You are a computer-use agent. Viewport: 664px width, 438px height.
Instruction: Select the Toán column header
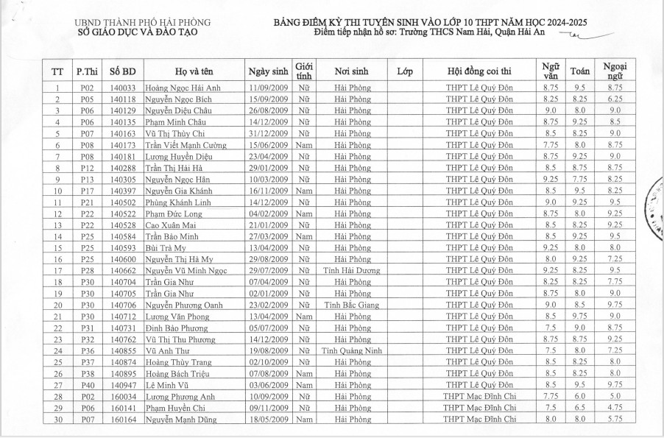tap(579, 71)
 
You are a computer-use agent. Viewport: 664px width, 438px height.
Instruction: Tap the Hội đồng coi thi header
tap(479, 71)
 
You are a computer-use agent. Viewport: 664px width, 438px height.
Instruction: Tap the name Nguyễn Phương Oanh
tap(183, 305)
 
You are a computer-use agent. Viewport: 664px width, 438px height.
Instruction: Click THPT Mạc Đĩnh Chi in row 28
tap(479, 397)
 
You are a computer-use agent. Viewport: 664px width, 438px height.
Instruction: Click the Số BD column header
tap(122, 71)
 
